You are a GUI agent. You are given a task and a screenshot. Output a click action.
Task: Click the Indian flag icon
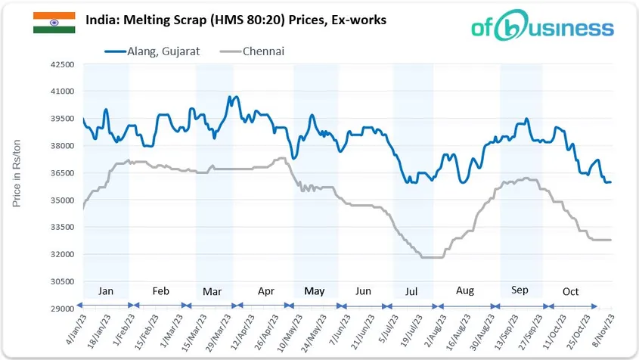pos(54,22)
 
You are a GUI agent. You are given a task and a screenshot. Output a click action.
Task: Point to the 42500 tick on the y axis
pos(60,64)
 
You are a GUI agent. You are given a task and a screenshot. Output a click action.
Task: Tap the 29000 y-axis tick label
pos(60,309)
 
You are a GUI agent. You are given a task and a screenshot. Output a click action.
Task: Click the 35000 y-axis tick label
pos(60,200)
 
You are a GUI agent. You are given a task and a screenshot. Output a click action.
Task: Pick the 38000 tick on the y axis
pos(60,146)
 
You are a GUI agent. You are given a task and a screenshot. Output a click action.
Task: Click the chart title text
pos(236,20)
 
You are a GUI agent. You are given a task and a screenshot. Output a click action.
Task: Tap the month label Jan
pos(107,291)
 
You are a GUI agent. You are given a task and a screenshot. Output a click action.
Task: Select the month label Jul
pos(411,291)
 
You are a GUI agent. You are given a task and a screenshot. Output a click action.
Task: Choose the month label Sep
pos(520,291)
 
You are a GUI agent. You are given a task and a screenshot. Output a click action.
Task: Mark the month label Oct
pos(570,291)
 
